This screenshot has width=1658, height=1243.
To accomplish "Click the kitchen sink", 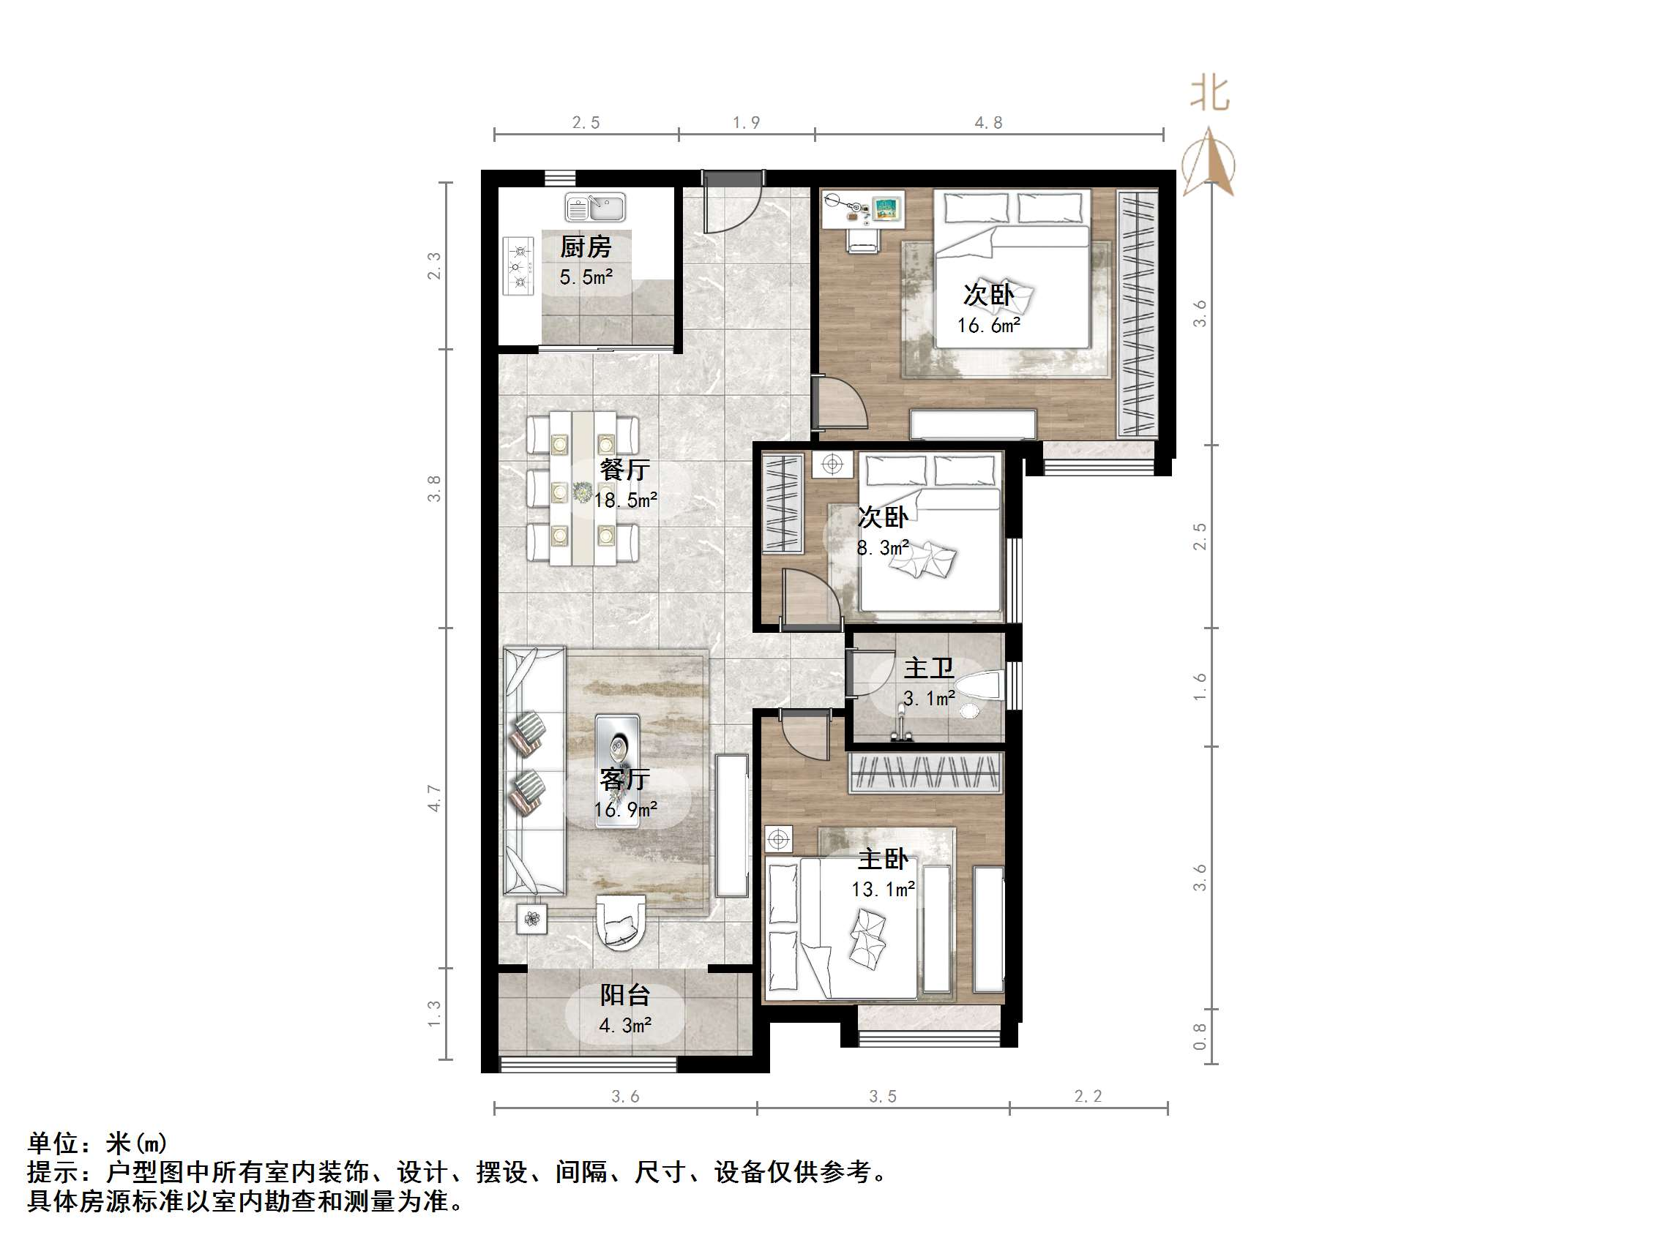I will (595, 208).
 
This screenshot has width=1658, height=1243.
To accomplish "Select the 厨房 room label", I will (586, 247).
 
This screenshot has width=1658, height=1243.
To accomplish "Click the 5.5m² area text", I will (586, 277).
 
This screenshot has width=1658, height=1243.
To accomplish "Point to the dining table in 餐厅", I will (583, 488).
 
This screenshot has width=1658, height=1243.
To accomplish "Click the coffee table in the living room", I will (617, 771).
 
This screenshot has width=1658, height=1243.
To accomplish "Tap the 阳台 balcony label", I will (624, 995).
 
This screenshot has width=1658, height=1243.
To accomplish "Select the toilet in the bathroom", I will (977, 686).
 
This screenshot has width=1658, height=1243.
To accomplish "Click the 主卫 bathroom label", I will (928, 667).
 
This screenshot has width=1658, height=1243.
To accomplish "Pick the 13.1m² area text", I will (883, 890).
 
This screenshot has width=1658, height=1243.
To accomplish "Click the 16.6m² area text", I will (988, 325).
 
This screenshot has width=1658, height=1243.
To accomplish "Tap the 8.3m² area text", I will (882, 548).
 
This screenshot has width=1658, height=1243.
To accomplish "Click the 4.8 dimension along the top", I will (988, 123).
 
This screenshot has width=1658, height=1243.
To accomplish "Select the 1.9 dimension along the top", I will (746, 123).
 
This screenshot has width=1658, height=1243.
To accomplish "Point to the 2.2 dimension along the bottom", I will (1088, 1097).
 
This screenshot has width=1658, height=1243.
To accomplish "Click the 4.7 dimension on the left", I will (434, 798).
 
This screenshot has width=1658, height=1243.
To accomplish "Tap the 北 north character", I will (1209, 94).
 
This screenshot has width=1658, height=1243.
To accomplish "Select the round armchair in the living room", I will (620, 922).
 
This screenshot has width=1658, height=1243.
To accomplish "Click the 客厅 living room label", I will (624, 779).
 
